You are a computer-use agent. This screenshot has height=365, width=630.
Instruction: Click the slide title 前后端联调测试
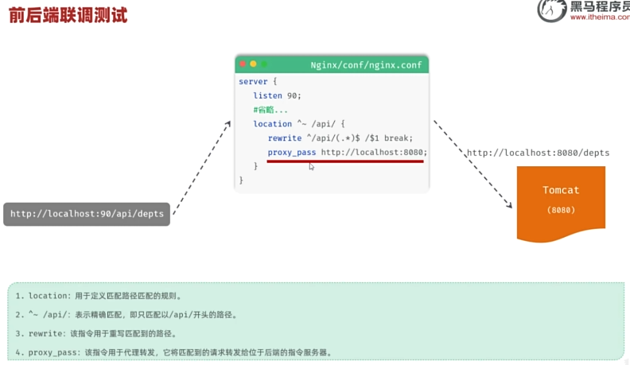[x=68, y=15]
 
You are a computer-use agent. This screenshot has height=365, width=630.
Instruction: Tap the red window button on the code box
[x=243, y=64]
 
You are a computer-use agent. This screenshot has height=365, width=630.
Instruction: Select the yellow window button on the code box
[x=253, y=64]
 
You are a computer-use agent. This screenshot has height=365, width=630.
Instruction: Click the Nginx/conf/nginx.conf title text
[x=366, y=65]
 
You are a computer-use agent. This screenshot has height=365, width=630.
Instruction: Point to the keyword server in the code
[x=253, y=82]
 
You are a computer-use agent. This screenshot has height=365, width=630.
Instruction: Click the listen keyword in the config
[x=267, y=95]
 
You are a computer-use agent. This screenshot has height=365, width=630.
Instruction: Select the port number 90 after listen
[x=292, y=95]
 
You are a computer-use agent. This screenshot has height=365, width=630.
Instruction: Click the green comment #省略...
[x=270, y=110]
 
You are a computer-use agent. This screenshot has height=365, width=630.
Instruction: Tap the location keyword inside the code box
[x=272, y=124]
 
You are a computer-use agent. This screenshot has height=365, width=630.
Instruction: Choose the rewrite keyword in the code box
[x=285, y=138]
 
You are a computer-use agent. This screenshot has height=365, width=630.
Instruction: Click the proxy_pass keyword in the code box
[x=292, y=153]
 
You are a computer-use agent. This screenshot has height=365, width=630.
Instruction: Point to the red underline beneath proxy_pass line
[x=345, y=161]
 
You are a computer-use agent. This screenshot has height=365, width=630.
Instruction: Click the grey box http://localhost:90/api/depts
[x=87, y=214]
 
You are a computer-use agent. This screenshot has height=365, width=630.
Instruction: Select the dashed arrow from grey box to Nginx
[x=202, y=168]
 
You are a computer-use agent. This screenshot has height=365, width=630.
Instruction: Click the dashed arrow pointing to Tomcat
[x=473, y=164]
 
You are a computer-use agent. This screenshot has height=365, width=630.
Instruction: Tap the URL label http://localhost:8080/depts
[x=538, y=153]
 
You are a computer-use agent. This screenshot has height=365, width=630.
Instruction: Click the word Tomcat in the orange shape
[x=561, y=190]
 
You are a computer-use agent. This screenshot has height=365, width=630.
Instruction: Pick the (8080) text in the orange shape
[x=561, y=210]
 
